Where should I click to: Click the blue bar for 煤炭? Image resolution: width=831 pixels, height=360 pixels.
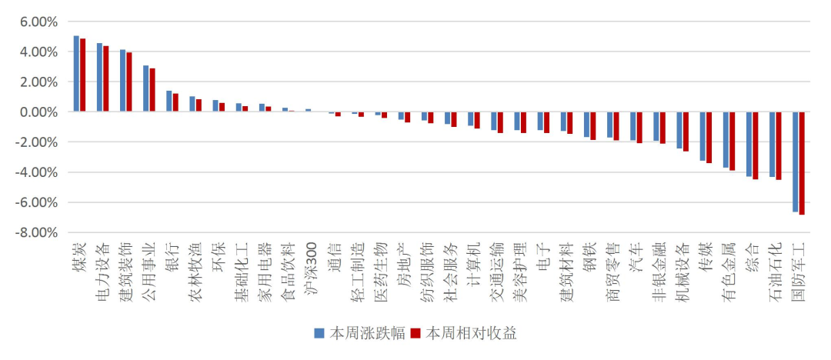(x=76, y=74)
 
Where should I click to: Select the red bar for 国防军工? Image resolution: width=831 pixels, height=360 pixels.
(x=802, y=163)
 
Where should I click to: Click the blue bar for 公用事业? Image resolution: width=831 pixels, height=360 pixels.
(x=145, y=88)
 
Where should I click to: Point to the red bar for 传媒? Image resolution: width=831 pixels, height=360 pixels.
(x=709, y=138)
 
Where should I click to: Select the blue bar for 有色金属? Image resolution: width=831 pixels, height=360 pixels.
(x=726, y=139)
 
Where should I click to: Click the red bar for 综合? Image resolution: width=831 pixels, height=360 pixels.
(x=756, y=145)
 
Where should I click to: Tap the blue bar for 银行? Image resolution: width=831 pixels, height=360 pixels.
(x=169, y=102)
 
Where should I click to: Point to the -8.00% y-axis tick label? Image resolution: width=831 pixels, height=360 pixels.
(x=37, y=232)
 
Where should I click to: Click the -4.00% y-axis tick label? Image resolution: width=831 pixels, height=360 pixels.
(x=37, y=172)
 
